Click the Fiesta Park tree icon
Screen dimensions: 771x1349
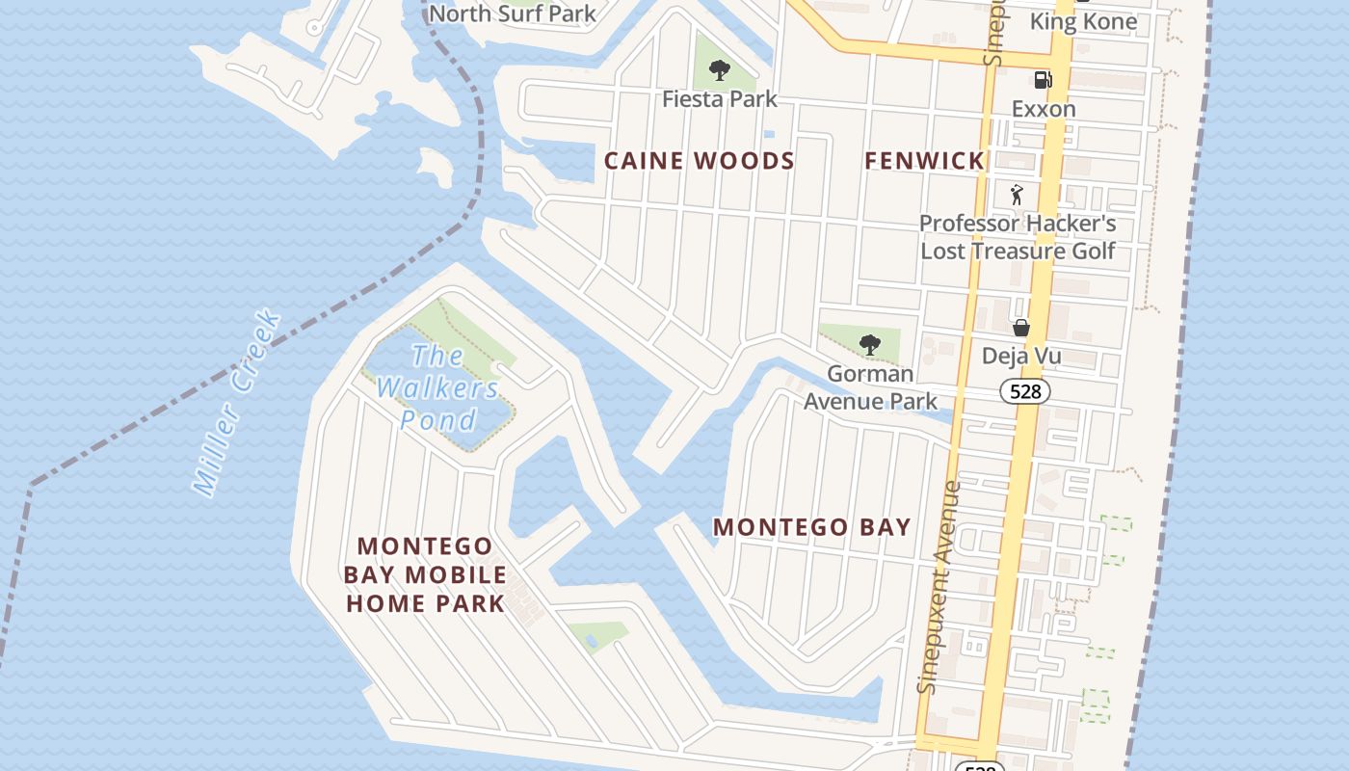[719, 69]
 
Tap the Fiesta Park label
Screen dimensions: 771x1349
[720, 98]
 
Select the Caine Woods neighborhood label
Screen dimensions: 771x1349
[700, 161]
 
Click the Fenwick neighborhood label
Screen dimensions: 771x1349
[924, 161]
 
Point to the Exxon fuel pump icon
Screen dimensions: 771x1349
[1043, 80]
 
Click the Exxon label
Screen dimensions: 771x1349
[1044, 109]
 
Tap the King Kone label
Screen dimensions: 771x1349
[1083, 21]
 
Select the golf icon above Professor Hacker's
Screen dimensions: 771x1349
[1018, 195]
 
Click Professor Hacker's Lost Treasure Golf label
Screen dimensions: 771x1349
[1018, 237]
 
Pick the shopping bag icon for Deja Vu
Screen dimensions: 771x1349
[1021, 328]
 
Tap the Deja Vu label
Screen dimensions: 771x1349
[1021, 356]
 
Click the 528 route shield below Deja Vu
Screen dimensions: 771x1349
[1024, 391]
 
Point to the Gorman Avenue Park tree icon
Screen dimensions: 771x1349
[870, 344]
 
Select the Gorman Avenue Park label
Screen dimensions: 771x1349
[871, 386]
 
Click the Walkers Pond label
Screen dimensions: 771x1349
[438, 387]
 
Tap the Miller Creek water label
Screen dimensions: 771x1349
[236, 403]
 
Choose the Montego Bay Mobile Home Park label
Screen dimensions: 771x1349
[425, 574]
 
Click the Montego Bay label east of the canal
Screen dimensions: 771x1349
[811, 527]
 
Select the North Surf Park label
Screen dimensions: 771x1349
[513, 13]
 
